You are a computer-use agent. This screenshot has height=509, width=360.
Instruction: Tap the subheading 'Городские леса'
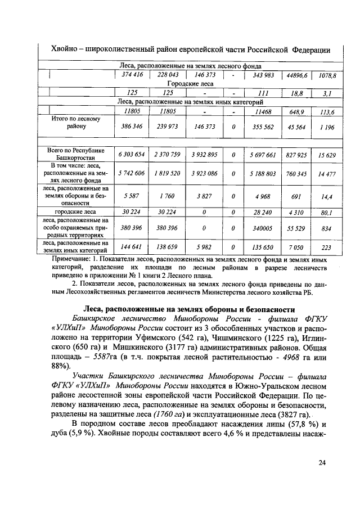click(191, 83)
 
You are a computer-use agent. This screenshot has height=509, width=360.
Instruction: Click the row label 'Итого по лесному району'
click(75, 123)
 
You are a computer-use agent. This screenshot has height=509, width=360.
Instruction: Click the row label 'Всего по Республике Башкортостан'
click(75, 154)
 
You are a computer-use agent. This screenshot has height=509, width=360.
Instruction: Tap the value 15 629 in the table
click(327, 154)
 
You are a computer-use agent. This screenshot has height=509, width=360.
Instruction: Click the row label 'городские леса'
click(75, 212)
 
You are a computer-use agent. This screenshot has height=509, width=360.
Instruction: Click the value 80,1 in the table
click(327, 213)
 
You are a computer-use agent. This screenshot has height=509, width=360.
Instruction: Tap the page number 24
click(322, 462)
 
